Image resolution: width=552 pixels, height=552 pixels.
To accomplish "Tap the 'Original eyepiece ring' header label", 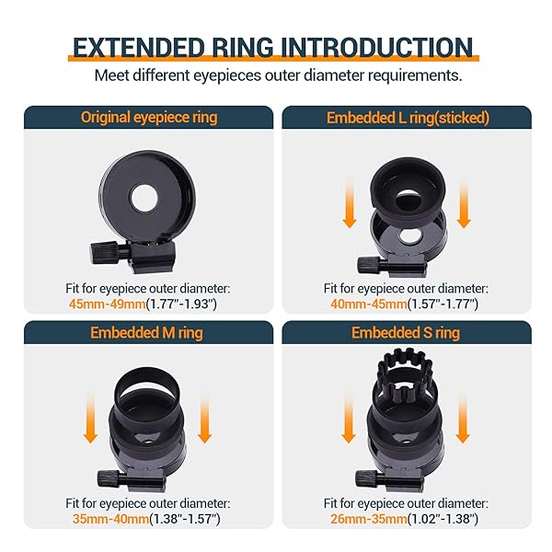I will [149, 117].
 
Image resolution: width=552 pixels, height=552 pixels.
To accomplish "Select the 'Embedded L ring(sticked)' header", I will [406, 117].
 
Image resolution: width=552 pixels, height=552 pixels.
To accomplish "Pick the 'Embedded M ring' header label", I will [149, 332].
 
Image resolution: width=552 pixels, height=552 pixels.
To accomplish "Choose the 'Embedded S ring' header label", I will [406, 332].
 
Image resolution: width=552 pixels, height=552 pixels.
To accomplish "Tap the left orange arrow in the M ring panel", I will [92, 421].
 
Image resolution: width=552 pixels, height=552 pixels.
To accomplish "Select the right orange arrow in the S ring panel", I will [464, 421].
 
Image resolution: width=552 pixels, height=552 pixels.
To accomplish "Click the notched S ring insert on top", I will [406, 382].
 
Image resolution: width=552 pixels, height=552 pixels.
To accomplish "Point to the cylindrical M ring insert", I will [148, 386].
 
